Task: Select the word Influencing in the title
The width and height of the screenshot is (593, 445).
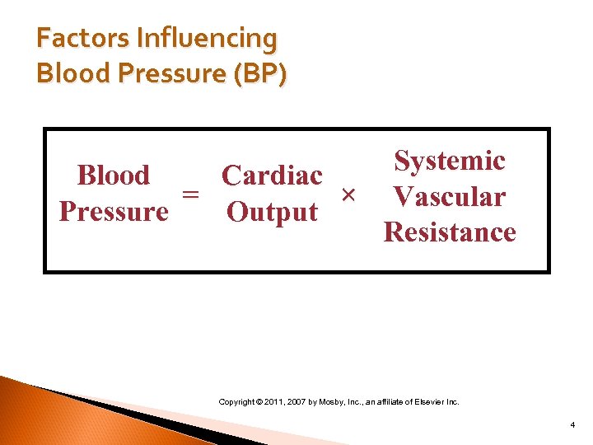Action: coord(207,39)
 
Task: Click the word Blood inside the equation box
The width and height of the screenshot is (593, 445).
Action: coord(114,176)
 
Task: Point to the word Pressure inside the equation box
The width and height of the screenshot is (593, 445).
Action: coord(114,212)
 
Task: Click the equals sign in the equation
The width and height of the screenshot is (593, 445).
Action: coord(190,194)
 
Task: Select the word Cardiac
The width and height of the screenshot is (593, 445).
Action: coord(272,176)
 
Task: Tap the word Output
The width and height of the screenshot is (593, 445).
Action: coord(272,212)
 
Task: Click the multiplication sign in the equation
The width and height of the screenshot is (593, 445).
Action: coord(348,194)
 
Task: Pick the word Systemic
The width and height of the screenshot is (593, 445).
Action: coord(450,161)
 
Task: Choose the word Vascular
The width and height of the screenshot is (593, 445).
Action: coord(450,197)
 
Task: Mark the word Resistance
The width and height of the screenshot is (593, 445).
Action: coord(450,232)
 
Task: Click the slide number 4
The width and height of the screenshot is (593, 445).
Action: coord(572,425)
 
